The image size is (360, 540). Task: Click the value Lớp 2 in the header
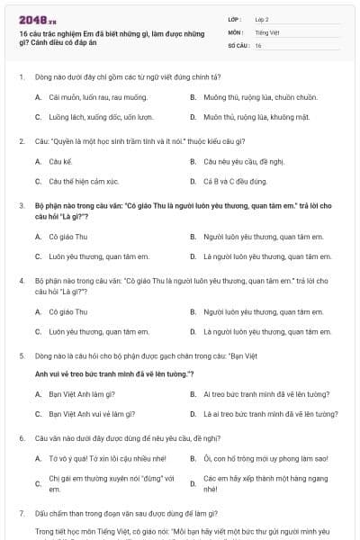point(263,18)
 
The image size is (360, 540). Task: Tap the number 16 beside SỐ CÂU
point(258,44)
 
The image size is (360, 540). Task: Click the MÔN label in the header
point(237,31)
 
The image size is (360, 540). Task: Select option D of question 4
point(268,331)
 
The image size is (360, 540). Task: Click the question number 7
point(21,512)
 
